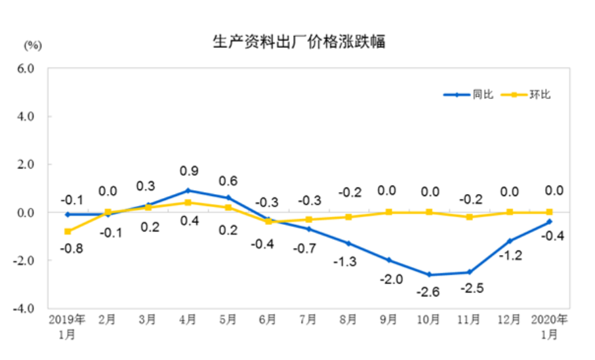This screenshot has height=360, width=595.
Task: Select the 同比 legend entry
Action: [x=483, y=94]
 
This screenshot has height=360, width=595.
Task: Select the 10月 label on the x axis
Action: [x=429, y=320]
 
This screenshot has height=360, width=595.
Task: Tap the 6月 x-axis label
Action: [x=268, y=320]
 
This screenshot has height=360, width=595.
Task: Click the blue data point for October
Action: [x=429, y=275]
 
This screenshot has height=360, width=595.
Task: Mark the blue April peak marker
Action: [x=188, y=190]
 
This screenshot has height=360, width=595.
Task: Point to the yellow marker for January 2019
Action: [x=68, y=231]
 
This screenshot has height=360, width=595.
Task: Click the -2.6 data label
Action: [x=428, y=291]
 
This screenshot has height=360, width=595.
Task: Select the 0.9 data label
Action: [x=188, y=172]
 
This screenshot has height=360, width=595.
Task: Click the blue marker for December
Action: [x=510, y=241]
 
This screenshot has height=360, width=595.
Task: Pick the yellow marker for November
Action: [x=469, y=217]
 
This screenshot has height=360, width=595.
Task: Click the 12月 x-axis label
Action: [x=510, y=320]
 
